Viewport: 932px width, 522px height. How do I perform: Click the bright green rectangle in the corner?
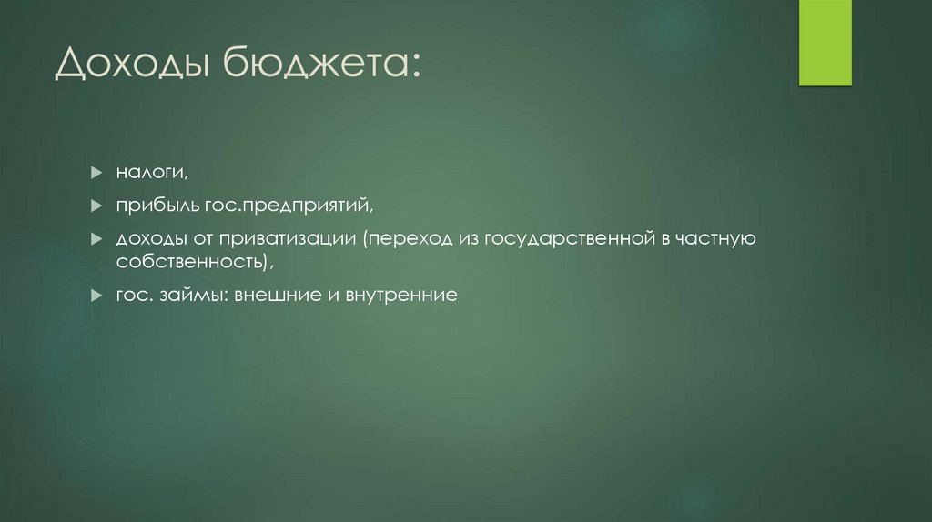(x=825, y=43)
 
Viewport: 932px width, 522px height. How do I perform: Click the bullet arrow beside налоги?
(x=96, y=172)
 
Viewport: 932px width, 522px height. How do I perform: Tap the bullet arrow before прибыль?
(x=96, y=205)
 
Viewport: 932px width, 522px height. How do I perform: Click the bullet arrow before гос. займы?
(x=96, y=296)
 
